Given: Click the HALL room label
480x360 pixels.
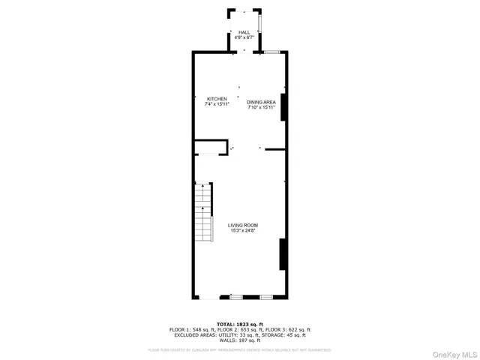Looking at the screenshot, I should (244, 32).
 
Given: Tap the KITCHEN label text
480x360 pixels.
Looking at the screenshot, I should (217, 99).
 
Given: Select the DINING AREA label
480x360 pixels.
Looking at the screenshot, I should (262, 102).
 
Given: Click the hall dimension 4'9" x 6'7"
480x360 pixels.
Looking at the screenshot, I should (244, 37).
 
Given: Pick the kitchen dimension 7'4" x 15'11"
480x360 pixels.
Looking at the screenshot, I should (217, 104).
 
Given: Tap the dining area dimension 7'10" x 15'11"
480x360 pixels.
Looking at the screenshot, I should (262, 107).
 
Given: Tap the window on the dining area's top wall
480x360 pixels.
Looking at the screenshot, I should (271, 52).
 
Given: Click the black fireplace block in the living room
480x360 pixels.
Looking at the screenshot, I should (283, 253).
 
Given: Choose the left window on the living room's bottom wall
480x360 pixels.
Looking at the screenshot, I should (235, 298).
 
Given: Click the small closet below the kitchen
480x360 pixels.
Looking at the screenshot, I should (211, 147).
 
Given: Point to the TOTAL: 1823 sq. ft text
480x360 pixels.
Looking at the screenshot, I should (240, 323).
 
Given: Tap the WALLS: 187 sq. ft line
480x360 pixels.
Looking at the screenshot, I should (240, 340).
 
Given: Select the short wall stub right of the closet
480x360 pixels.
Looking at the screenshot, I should (274, 149).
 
